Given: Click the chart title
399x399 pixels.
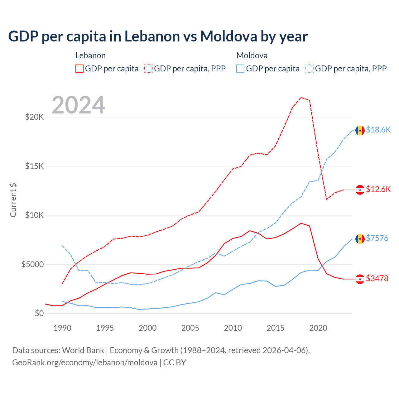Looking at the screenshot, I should click(158, 36).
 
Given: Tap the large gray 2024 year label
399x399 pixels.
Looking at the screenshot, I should click(78, 105).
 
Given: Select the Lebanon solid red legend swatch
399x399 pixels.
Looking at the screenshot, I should click(79, 69).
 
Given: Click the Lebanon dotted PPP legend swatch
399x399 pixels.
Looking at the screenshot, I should click(148, 69).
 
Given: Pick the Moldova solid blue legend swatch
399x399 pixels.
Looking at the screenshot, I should click(240, 69).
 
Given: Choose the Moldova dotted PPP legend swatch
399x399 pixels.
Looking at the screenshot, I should click(310, 69).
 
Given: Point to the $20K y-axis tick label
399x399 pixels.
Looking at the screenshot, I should click(35, 117).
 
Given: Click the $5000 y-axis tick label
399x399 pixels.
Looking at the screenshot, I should click(32, 265).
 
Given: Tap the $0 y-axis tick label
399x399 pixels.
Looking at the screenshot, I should click(39, 314).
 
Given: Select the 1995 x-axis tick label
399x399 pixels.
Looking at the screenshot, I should click(105, 328).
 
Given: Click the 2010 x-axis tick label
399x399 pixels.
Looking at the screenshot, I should click(233, 328).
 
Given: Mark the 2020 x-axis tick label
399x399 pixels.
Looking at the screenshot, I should click(318, 328).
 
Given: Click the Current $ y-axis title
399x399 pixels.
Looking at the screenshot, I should click(13, 200).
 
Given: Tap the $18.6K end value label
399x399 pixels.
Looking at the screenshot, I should click(378, 130).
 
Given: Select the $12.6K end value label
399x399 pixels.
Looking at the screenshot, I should click(378, 190).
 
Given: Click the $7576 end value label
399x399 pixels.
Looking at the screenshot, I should click(377, 238).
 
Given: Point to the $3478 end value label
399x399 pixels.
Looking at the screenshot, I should click(377, 278).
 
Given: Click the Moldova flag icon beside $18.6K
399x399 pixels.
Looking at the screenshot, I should click(360, 130).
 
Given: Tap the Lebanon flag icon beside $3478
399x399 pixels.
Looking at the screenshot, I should click(360, 279).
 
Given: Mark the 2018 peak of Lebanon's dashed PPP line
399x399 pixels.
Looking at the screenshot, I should click(301, 98).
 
